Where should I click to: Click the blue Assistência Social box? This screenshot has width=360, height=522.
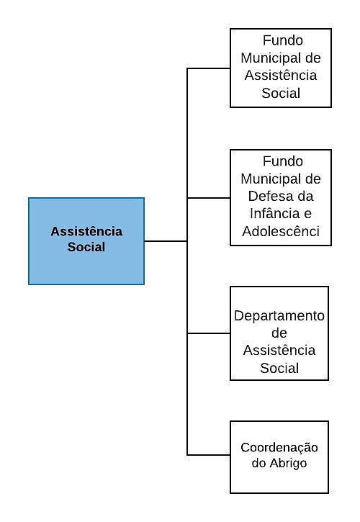(x=86, y=241)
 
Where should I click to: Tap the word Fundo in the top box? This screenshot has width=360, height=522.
(x=283, y=40)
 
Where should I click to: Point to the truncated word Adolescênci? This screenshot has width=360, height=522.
(x=281, y=231)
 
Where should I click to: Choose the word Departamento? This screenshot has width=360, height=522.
(x=279, y=316)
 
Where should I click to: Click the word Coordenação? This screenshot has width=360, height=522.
(x=279, y=448)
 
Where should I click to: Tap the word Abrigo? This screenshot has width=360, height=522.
(x=288, y=464)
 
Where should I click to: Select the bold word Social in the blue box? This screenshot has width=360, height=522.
(x=86, y=247)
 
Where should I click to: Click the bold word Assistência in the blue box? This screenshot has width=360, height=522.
(x=86, y=231)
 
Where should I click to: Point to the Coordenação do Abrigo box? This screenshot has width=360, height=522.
(x=279, y=456)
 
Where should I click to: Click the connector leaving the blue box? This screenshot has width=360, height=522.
(x=166, y=241)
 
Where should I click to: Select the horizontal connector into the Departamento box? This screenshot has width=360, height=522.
(x=209, y=333)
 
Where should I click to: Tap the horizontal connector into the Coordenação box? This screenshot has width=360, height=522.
(x=209, y=455)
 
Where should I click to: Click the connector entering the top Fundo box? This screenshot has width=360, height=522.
(x=209, y=68)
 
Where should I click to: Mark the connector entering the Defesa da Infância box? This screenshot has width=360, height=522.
(x=209, y=198)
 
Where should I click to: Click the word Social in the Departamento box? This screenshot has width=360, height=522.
(x=279, y=368)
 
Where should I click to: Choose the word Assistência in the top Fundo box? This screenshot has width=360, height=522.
(x=281, y=75)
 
